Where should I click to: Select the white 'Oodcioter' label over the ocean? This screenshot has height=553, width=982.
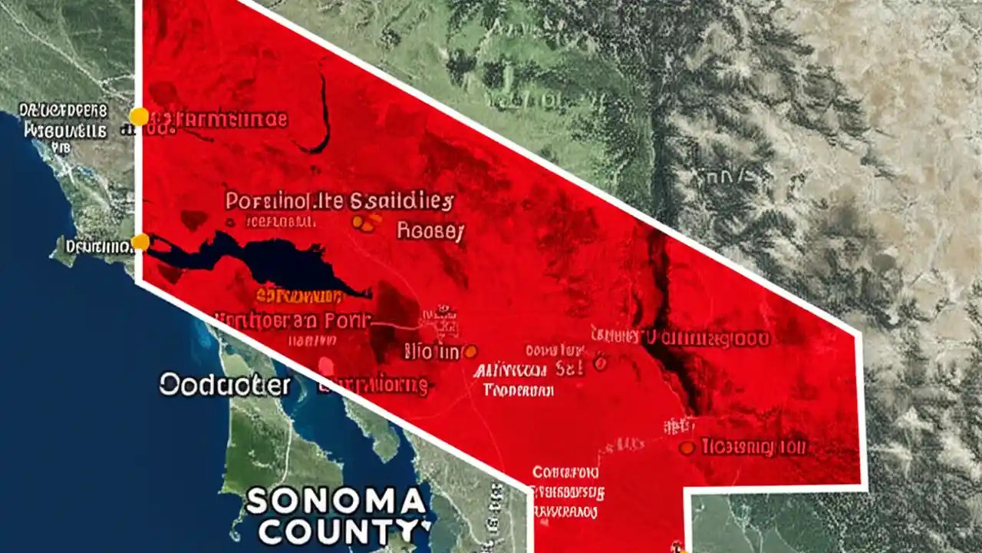pyautogui.click(x=225, y=385)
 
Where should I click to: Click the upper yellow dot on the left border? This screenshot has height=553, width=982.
pyautogui.click(x=139, y=117)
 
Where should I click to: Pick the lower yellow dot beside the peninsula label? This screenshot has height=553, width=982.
pyautogui.click(x=140, y=243)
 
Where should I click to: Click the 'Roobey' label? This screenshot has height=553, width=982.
pyautogui.click(x=430, y=232)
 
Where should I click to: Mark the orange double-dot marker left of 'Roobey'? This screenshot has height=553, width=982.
pyautogui.click(x=366, y=224)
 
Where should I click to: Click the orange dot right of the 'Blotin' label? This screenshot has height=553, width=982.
pyautogui.click(x=470, y=352)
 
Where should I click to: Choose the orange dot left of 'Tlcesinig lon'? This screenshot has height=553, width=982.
pyautogui.click(x=687, y=447)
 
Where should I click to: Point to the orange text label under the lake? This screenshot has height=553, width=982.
pyautogui.click(x=300, y=296)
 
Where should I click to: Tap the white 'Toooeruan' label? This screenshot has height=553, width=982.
pyautogui.click(x=519, y=390)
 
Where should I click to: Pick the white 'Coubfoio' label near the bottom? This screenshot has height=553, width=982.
pyautogui.click(x=565, y=472)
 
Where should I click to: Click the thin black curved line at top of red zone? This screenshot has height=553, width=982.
pyautogui.click(x=322, y=115)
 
